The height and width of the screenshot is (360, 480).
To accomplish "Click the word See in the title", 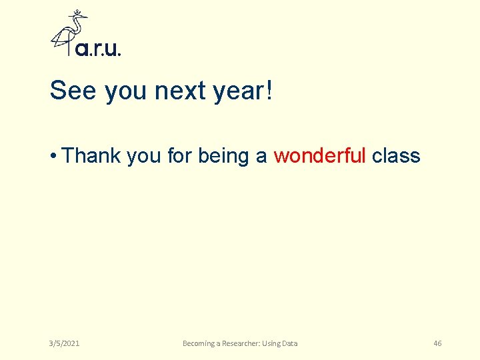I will tap(73, 91).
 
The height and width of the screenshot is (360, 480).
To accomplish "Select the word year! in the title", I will tap(243, 91).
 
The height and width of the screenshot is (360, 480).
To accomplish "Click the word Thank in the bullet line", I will tap(91, 155).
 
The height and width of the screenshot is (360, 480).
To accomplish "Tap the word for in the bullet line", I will tap(179, 155).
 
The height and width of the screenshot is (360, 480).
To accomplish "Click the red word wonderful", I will tap(319, 155).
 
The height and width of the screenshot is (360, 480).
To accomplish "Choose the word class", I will tap(396, 155).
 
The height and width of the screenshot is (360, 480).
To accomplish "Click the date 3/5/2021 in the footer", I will tap(64, 343).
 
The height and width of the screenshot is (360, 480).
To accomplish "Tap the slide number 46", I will tap(437, 343).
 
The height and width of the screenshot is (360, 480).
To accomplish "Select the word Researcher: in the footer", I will tap(241, 343).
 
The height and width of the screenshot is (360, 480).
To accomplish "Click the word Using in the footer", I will tap(272, 343).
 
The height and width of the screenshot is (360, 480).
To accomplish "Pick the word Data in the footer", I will tap(291, 343).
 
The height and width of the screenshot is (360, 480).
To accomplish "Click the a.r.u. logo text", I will tap(98, 49).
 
